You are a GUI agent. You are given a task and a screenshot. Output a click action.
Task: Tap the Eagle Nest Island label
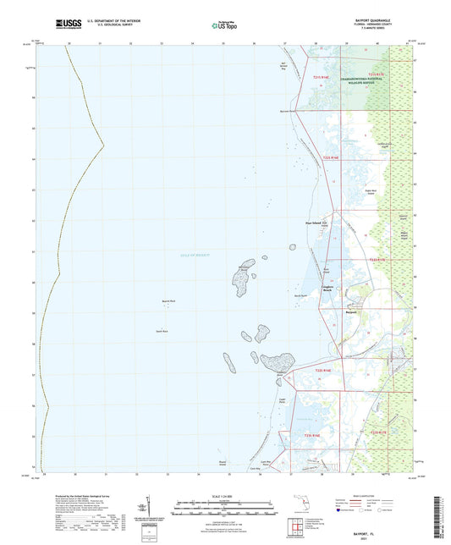pyautogui.click(x=369, y=192)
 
